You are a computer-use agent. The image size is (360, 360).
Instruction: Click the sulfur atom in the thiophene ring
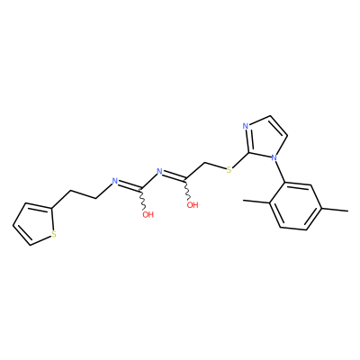54,234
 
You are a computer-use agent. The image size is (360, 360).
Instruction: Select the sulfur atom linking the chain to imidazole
229,170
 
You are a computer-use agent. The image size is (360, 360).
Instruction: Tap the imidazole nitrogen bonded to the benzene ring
274,157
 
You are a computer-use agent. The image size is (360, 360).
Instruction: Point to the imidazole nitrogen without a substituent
246,126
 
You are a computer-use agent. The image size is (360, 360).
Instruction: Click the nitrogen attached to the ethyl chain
114,181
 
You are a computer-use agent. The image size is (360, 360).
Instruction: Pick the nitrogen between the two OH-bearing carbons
159,172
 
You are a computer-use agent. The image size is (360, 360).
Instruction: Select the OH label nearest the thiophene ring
148,215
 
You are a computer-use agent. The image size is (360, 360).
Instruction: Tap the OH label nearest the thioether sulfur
193,205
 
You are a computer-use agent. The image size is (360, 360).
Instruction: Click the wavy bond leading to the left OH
142,200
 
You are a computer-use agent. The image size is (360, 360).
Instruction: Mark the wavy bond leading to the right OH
187,190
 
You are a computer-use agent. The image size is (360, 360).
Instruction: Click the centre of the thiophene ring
35,222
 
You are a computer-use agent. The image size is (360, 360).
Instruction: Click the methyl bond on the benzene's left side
256,202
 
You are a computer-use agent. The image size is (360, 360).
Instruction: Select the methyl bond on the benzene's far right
335,210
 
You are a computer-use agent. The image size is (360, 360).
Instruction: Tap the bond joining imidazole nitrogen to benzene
279,171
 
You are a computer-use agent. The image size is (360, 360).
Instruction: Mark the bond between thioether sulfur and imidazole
240,161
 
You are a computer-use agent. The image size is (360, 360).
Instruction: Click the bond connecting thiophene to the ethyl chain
61,199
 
